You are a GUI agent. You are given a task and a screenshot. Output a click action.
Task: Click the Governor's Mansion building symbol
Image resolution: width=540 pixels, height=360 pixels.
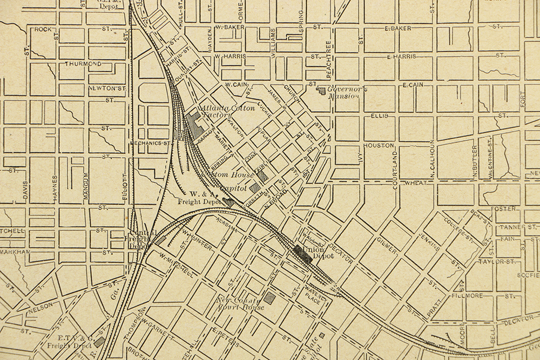[322, 90]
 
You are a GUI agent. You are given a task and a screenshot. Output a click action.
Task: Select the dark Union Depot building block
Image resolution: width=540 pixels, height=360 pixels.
[302, 253]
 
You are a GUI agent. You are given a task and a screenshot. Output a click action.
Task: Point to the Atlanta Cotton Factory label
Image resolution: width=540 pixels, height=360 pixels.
[227, 111]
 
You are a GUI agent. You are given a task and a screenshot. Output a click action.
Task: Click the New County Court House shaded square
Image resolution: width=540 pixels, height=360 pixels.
[269, 298]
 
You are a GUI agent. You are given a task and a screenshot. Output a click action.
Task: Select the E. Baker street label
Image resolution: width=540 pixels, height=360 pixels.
[397, 28]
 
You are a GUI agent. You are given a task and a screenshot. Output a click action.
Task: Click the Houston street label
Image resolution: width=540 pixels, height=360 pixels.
[379, 146]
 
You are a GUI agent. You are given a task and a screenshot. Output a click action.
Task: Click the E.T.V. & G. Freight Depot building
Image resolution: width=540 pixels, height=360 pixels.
[99, 341]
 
